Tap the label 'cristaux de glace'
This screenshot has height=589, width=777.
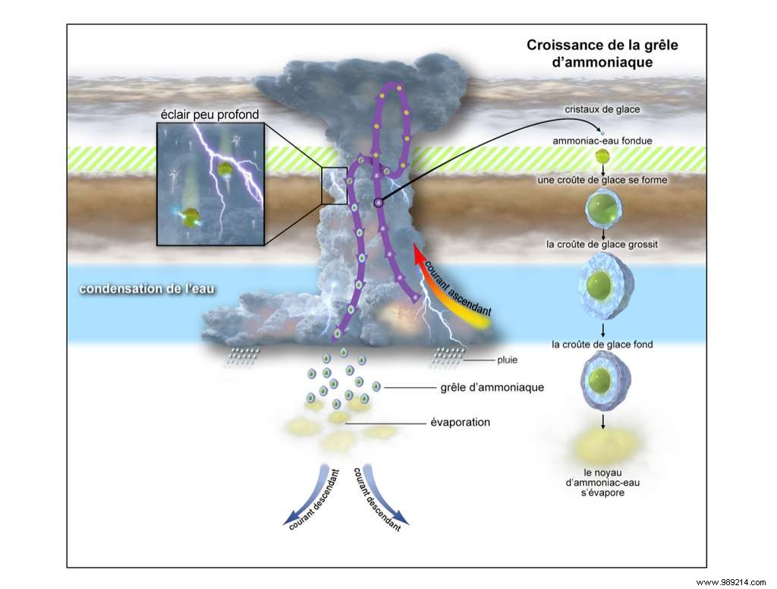point(602,109)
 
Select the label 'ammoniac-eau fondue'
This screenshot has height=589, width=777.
point(602,140)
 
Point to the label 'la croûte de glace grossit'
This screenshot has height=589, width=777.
point(602,244)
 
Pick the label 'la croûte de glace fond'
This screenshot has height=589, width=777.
point(602,345)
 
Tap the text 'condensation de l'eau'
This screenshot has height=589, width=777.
point(139,289)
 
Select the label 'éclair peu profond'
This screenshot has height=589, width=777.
point(210,115)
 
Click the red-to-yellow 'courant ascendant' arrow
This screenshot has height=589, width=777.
point(452,291)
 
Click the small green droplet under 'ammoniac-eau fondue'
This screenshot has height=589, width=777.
point(602,156)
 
